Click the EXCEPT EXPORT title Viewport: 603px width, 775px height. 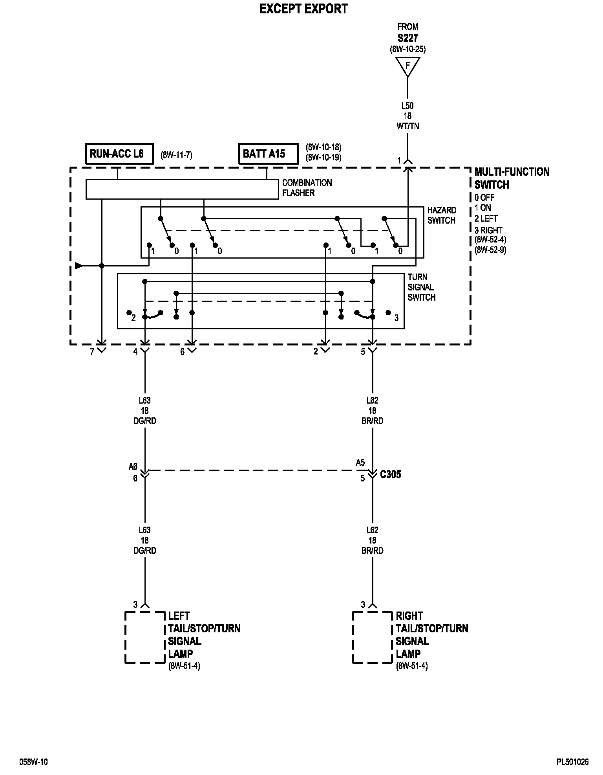click(303, 9)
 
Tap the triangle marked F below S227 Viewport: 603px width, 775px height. click(407, 66)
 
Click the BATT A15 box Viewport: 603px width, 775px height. click(268, 153)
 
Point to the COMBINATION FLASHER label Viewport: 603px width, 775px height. click(307, 188)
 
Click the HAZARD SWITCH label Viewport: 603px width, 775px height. click(442, 215)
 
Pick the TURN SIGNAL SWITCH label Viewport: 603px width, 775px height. click(421, 287)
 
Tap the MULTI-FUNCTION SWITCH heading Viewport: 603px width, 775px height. click(512, 178)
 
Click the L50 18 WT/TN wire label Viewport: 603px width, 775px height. click(407, 116)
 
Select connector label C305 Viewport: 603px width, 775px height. click(390, 474)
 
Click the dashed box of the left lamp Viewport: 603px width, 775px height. click(144, 637)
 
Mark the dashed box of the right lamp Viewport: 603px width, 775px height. click(372, 637)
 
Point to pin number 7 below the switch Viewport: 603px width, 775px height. click(92, 352)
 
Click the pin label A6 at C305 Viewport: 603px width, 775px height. click(133, 466)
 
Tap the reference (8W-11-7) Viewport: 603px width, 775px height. click(176, 155)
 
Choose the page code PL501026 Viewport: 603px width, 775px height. click(572, 762)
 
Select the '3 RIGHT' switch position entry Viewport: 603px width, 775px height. click(488, 230)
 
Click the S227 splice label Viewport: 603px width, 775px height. click(407, 38)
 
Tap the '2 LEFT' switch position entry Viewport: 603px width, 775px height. click(486, 219)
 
